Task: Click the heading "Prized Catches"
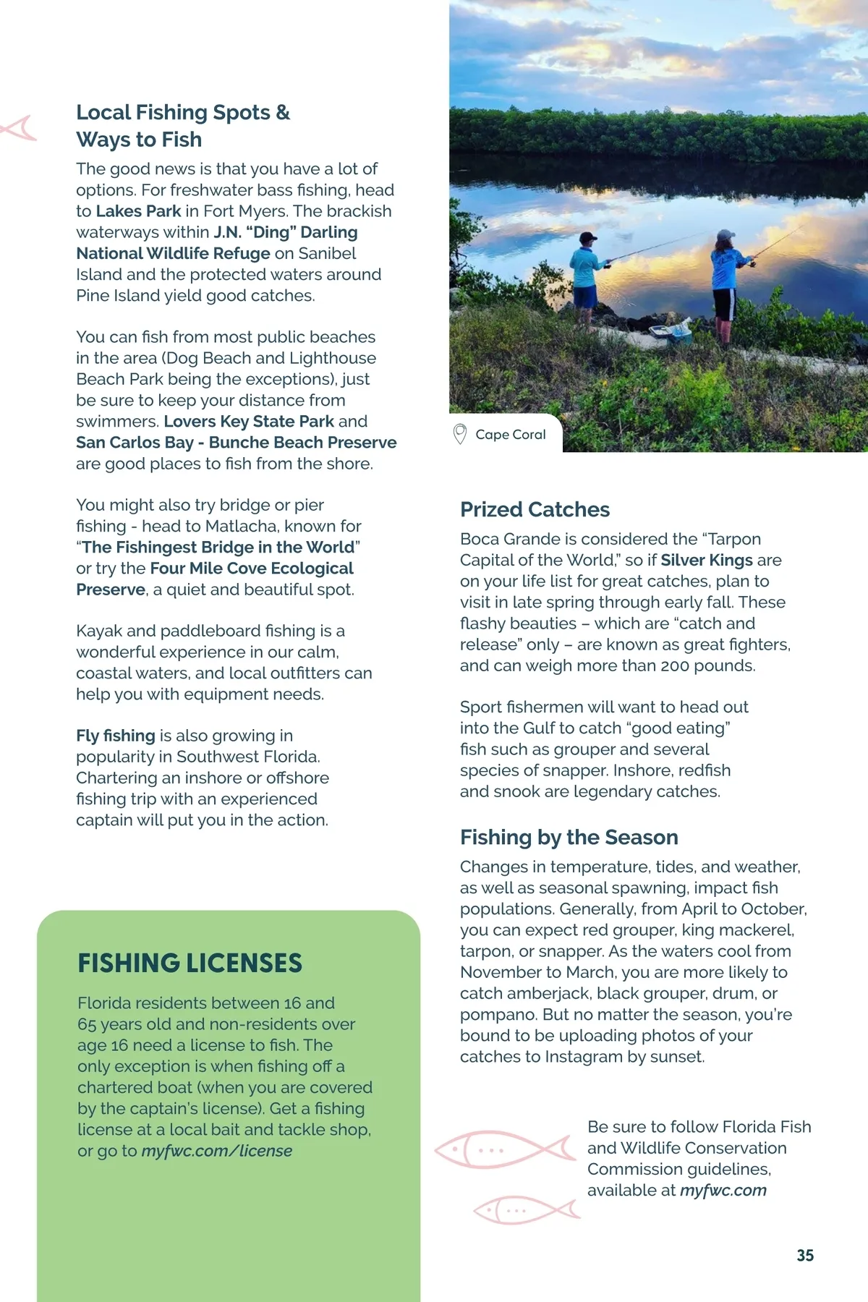point(535,509)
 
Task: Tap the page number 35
point(805,1256)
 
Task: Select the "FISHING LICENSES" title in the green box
point(190,963)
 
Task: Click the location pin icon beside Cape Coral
point(459,434)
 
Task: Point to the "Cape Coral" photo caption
point(510,435)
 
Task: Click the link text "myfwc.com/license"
point(216,1151)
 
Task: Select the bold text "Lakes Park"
point(138,211)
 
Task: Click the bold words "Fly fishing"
point(116,736)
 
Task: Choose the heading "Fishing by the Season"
point(569,837)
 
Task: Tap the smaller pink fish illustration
point(526,1209)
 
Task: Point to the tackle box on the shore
point(671,332)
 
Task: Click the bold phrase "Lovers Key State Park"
point(249,422)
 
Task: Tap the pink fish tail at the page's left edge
point(19,128)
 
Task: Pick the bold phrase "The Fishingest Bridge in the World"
point(218,548)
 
